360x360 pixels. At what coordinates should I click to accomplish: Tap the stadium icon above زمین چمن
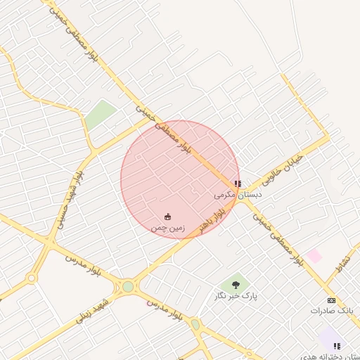[168, 217]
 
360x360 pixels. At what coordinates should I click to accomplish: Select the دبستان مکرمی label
[238, 194]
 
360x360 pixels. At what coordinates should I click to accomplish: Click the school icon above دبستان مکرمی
[238, 184]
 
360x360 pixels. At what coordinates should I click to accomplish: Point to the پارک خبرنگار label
[236, 296]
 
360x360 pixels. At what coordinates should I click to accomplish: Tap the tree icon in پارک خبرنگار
[236, 285]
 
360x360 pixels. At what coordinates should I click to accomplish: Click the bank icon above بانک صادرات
[332, 300]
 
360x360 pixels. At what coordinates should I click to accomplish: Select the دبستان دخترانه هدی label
[330, 356]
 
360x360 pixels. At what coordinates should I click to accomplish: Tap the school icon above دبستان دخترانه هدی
[337, 346]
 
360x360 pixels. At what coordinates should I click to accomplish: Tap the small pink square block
[314, 256]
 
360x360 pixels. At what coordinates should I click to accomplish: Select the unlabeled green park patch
[101, 114]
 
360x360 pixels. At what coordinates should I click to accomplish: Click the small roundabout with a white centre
[32, 278]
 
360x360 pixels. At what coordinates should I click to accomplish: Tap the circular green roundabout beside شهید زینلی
[127, 286]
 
